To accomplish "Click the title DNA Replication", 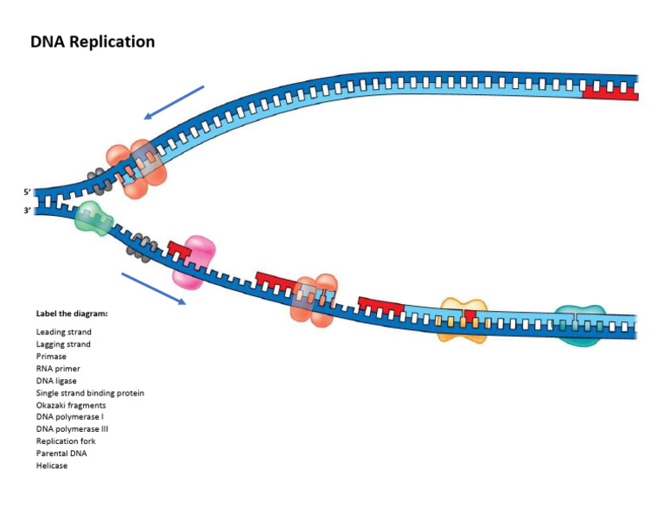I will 93,41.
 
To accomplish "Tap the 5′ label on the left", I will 28,192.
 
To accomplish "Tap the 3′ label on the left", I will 28,210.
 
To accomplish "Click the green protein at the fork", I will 93,218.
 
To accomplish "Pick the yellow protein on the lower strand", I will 463,319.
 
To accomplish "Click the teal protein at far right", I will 578,324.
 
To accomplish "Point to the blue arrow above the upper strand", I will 174,102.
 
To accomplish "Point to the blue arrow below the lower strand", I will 154,288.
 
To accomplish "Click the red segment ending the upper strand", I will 610,89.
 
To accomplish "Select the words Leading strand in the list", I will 63,332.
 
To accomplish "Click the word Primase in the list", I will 51,356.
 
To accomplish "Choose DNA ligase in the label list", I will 57,380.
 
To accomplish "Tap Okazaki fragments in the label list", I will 71,404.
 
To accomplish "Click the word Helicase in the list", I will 51,465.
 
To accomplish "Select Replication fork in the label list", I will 66,440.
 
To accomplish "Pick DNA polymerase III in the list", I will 72,428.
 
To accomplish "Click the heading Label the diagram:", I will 72,313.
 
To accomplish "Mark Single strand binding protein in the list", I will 90,392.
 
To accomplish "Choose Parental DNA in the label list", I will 61,453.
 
